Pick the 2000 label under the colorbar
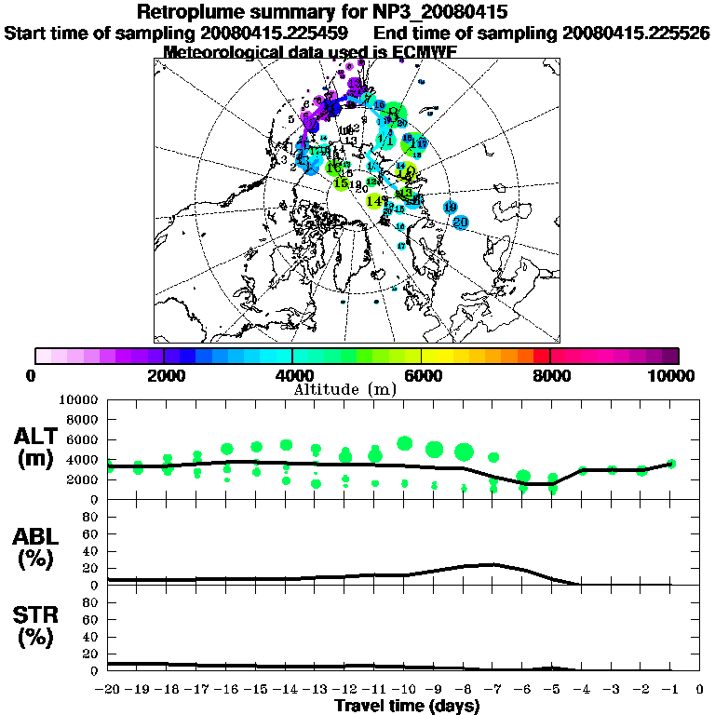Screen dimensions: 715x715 tap(164, 375)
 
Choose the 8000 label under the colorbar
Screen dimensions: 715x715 tap(549, 375)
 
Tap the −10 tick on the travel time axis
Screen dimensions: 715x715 tap(402, 689)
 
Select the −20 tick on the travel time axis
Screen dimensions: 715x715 tap(107, 689)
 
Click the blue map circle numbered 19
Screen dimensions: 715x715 tap(450, 207)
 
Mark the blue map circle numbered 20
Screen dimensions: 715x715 tap(460, 223)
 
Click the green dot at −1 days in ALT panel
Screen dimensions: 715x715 tap(671, 463)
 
